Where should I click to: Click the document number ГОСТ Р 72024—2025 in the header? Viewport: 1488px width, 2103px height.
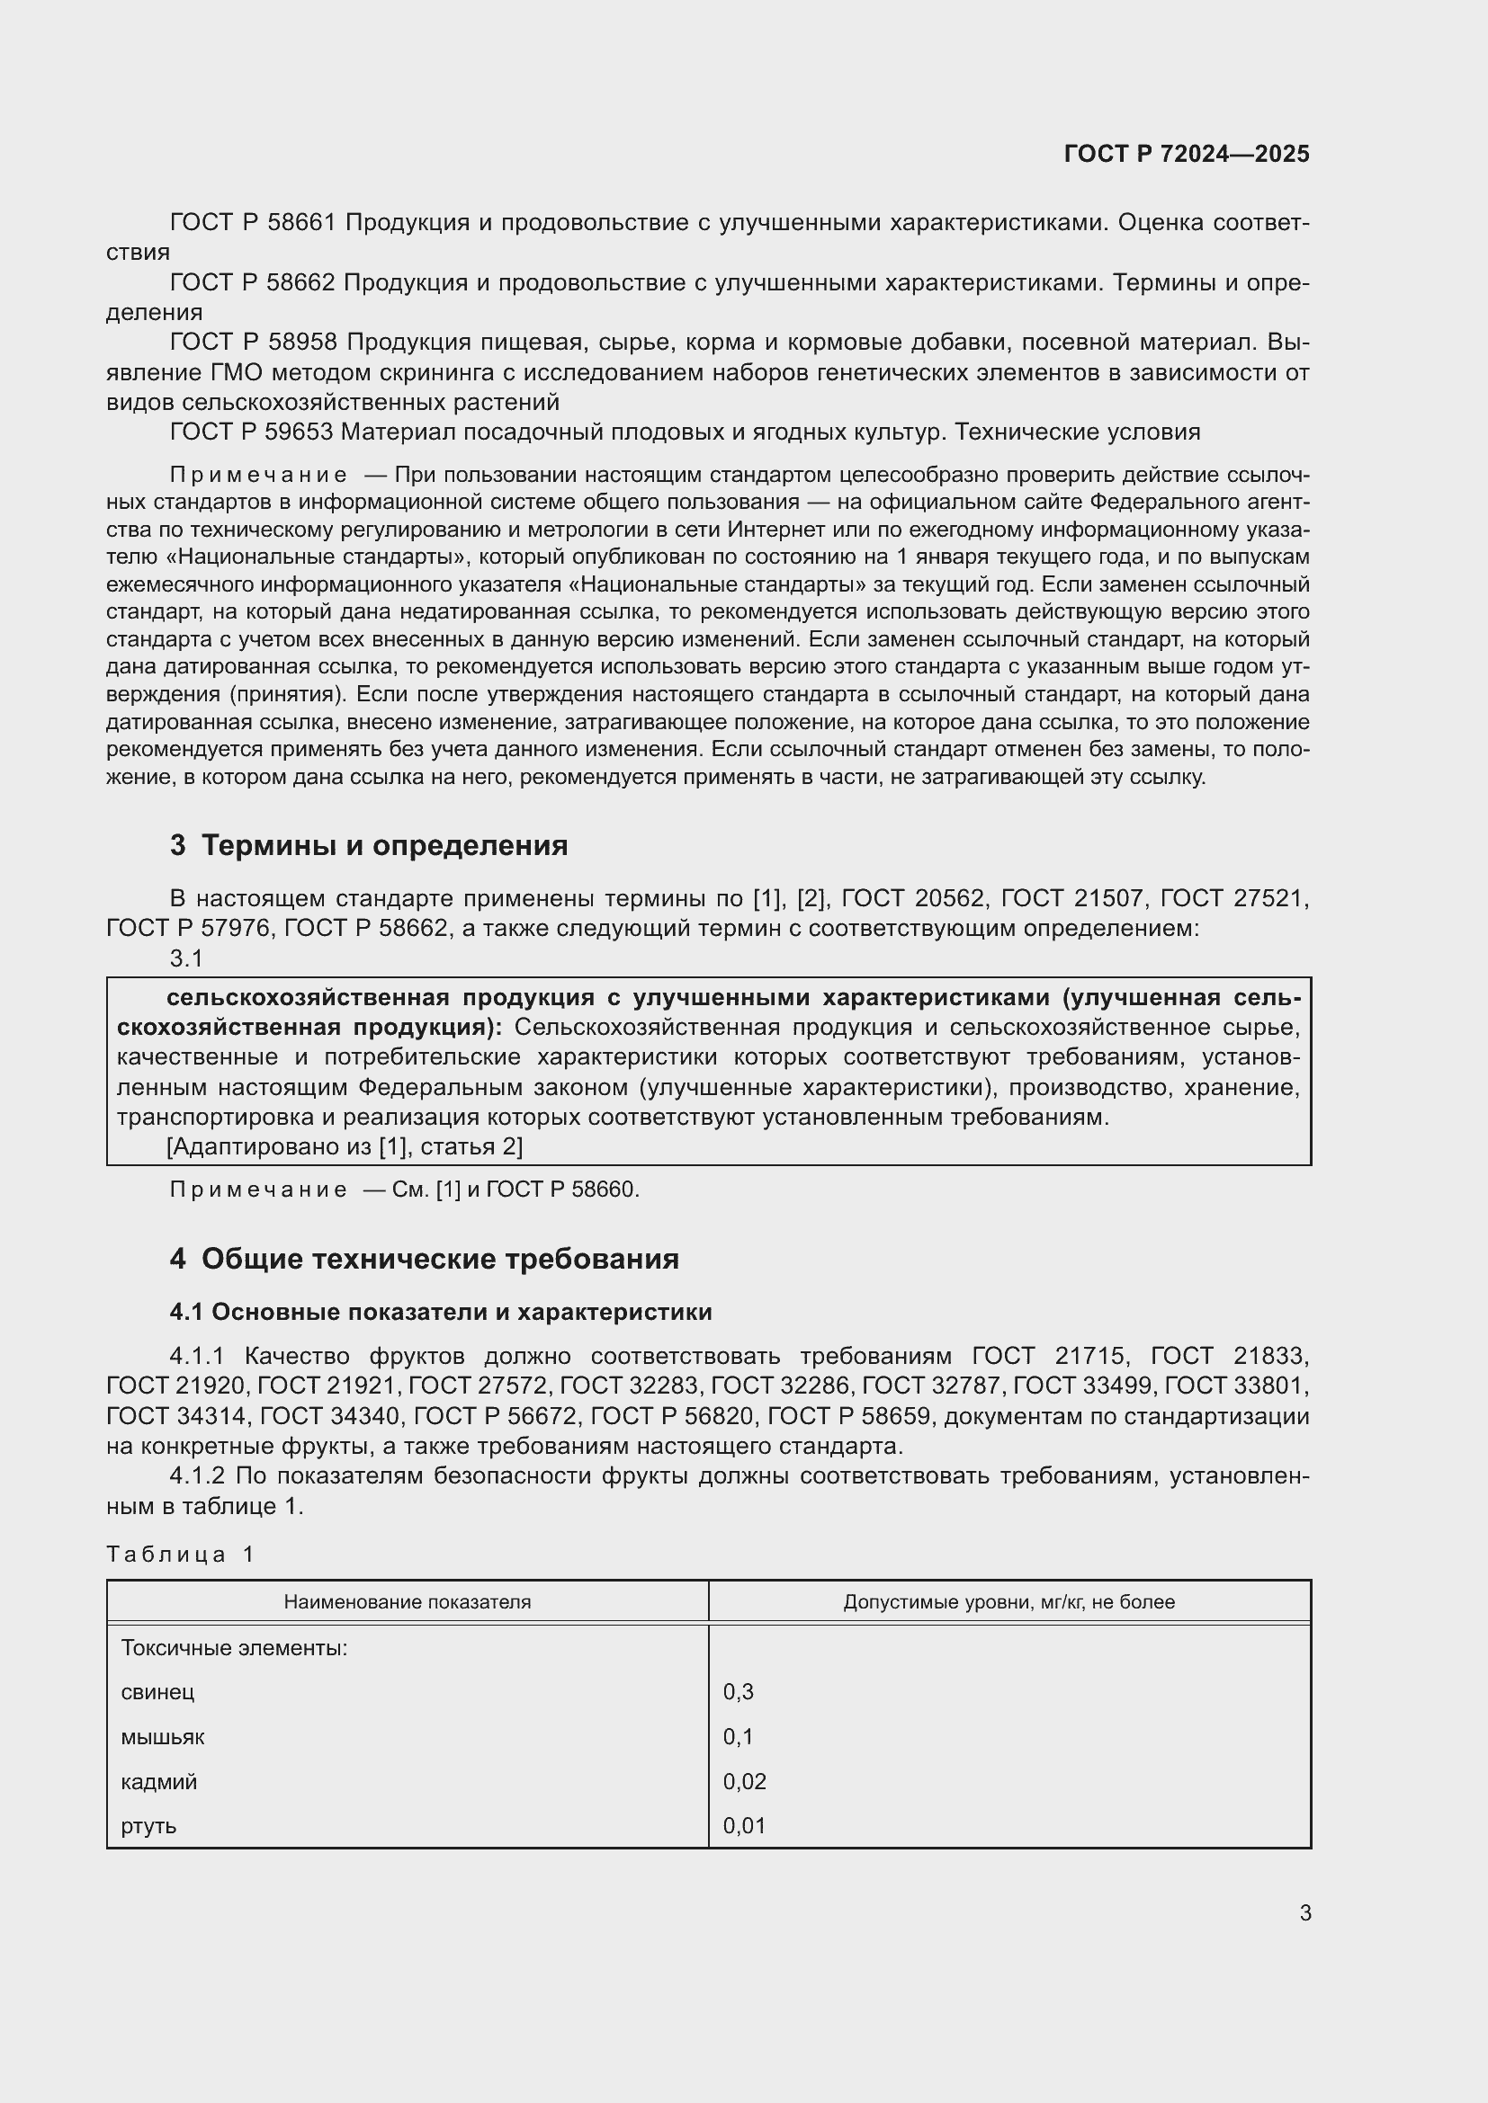coord(1186,154)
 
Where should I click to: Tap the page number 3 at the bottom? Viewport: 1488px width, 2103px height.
coord(1304,1912)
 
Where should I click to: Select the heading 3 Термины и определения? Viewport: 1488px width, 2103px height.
coord(368,844)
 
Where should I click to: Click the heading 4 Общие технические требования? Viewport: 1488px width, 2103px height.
coord(424,1259)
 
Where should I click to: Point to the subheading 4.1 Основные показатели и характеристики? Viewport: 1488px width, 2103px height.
coord(440,1312)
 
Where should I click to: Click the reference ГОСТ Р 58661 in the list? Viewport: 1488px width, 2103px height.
coord(253,223)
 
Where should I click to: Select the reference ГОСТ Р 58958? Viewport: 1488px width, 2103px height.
coord(253,342)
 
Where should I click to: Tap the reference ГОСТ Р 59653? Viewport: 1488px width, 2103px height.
coord(251,432)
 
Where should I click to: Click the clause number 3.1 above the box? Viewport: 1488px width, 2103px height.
coord(186,958)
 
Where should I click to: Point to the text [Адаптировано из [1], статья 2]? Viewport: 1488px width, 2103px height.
coord(345,1145)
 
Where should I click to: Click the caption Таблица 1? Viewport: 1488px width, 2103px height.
coord(181,1555)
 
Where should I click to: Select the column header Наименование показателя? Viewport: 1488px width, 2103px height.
coord(407,1602)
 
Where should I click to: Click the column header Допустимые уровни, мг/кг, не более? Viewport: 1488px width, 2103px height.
coord(1008,1602)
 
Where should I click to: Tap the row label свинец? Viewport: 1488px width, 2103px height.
coord(157,1692)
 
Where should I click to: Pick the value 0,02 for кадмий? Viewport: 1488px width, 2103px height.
coord(744,1781)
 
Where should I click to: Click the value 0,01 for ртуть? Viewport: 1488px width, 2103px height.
coord(744,1825)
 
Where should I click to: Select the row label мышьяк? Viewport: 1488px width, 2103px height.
coord(162,1737)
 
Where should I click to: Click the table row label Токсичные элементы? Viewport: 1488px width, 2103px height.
coord(234,1648)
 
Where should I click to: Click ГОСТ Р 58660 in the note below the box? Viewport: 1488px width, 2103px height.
coord(561,1190)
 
